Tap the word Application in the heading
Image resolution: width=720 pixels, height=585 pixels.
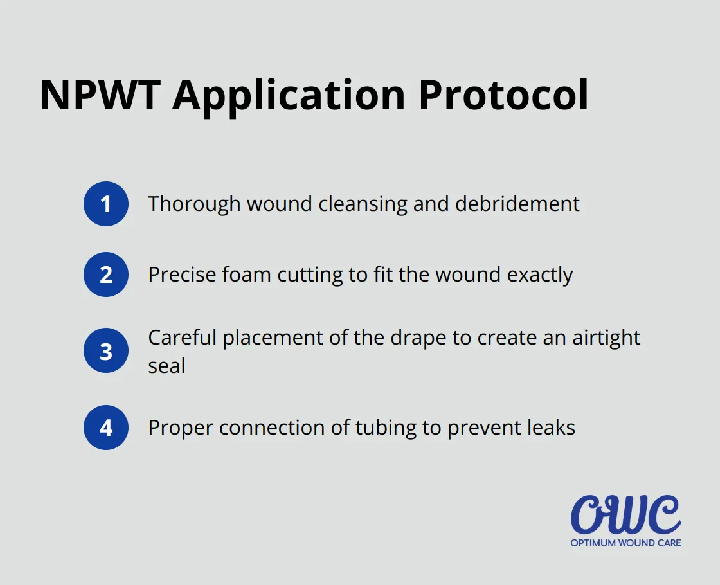pos(289,95)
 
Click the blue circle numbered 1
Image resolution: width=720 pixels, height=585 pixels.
pos(106,204)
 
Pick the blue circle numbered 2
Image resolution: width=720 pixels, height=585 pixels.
pos(106,275)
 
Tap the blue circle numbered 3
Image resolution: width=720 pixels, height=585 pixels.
pos(106,352)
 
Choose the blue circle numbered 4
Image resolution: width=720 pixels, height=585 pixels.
pos(106,428)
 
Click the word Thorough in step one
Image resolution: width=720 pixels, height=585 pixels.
pos(194,204)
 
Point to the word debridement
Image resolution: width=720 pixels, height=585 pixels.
pos(517,204)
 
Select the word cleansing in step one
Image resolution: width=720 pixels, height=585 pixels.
pos(360,204)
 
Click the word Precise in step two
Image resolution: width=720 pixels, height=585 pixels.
pos(182,275)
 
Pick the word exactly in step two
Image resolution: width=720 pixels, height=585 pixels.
pos(540,275)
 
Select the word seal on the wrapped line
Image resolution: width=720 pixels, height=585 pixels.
pos(166,366)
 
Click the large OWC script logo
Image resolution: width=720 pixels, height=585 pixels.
pos(625,516)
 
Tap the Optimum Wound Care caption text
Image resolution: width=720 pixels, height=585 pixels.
pos(625,543)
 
